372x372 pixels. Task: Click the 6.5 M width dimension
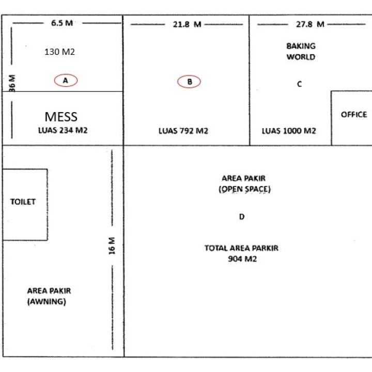[x=62, y=23]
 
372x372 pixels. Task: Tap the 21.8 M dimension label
[x=187, y=24]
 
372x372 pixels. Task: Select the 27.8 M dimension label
[x=310, y=24]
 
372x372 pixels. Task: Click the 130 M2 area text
[x=59, y=52]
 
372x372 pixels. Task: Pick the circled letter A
[x=66, y=81]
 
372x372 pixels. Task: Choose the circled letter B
[x=189, y=82]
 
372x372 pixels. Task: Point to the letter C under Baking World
[x=299, y=84]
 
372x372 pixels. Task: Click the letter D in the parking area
[x=242, y=216]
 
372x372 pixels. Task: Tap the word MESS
[x=61, y=117]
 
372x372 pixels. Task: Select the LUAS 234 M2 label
[x=63, y=130]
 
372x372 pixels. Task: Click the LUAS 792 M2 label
[x=183, y=131]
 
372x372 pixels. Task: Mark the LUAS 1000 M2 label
[x=289, y=131]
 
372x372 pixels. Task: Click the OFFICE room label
[x=354, y=115]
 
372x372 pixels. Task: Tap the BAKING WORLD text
[x=301, y=51]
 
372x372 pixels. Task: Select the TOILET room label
[x=23, y=202]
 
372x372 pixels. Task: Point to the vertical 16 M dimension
[x=112, y=246]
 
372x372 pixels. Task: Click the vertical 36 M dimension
[x=12, y=83]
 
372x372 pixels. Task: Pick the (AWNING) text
[x=47, y=302]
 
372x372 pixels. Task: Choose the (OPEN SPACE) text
[x=244, y=189]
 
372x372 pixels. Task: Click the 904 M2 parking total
[x=242, y=259]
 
